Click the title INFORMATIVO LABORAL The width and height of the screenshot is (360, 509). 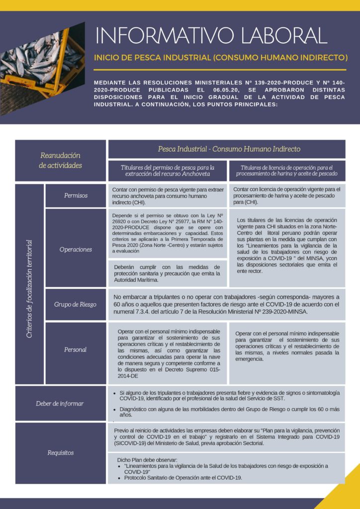pos(211,35)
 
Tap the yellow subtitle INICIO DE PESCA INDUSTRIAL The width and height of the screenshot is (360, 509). pos(220,57)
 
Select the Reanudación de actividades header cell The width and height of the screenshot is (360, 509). pos(60,160)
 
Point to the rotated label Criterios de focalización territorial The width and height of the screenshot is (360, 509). pos(29,289)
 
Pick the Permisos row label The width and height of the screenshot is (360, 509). pos(76,195)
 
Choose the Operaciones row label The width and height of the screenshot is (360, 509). pos(76,249)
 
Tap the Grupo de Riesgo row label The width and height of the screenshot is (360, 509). pos(76,304)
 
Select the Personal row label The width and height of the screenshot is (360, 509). pos(76,349)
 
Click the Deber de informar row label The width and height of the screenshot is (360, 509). pos(60,403)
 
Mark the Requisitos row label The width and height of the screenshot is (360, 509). pos(60,452)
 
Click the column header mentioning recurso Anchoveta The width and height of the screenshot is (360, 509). pos(167,170)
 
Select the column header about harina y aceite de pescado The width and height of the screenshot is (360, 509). pos(286,170)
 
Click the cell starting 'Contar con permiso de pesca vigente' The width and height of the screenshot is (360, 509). pos(167,195)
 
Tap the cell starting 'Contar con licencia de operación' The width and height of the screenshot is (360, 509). pos(286,195)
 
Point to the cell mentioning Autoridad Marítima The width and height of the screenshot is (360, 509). pos(167,273)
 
